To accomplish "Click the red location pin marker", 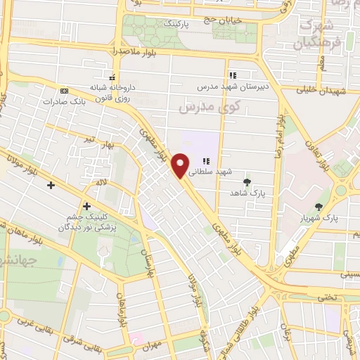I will pyautogui.click(x=181, y=165).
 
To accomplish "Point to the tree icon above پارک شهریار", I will pyautogui.click(x=319, y=207).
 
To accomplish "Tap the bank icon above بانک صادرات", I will pyautogui.click(x=65, y=91).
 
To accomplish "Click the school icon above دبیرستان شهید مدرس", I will pyautogui.click(x=232, y=75).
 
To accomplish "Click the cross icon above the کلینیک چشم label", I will pyautogui.click(x=86, y=206).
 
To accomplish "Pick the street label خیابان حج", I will pyautogui.click(x=224, y=20).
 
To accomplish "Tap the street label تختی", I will pyautogui.click(x=330, y=297).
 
